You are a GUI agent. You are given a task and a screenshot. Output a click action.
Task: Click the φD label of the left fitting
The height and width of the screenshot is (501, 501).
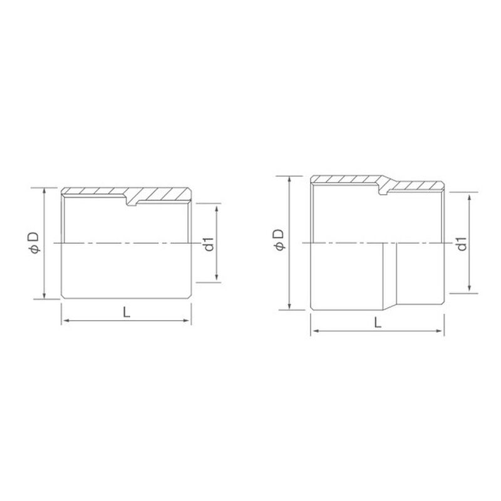[x=34, y=242]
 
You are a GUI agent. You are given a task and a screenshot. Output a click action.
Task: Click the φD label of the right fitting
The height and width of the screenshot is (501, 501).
[x=279, y=240]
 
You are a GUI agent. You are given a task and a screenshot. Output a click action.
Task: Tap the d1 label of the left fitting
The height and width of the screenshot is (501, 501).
[x=209, y=244]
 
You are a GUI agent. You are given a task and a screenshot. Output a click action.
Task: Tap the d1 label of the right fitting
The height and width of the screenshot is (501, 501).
[x=462, y=244]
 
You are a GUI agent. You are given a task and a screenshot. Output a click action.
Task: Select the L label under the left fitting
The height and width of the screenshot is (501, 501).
[x=127, y=312]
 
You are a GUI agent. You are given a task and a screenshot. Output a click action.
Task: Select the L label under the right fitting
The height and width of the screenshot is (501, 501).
[x=378, y=323]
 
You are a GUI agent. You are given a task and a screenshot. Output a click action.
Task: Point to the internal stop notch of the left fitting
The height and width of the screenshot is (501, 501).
[x=132, y=202]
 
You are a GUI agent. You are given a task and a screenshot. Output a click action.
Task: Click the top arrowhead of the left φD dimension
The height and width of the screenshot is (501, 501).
[x=44, y=190]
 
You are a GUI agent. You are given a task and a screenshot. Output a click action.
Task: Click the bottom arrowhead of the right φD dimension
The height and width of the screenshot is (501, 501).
[x=289, y=307]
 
